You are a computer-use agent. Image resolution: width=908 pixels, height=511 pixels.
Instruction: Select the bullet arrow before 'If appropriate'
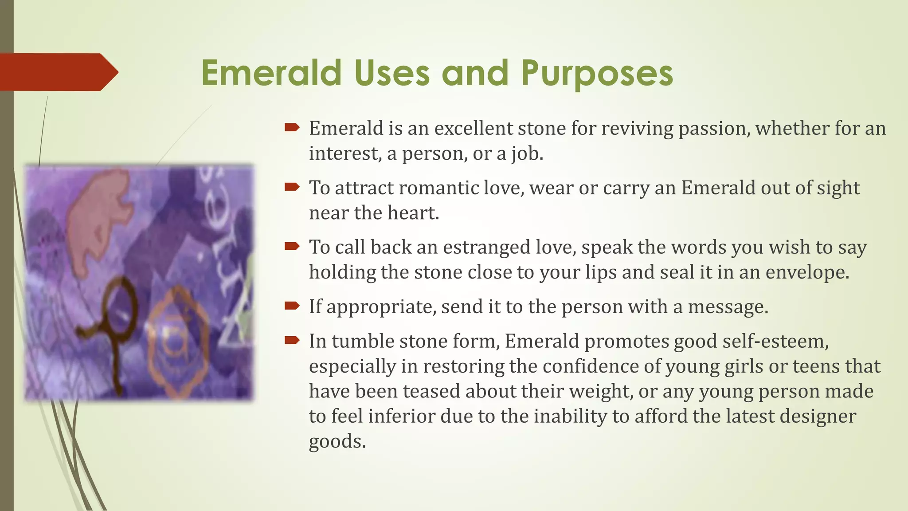pos(292,306)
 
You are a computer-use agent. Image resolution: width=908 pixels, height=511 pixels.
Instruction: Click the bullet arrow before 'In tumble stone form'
pos(292,340)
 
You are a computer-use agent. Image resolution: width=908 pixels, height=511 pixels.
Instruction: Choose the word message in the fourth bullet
pos(728,307)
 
